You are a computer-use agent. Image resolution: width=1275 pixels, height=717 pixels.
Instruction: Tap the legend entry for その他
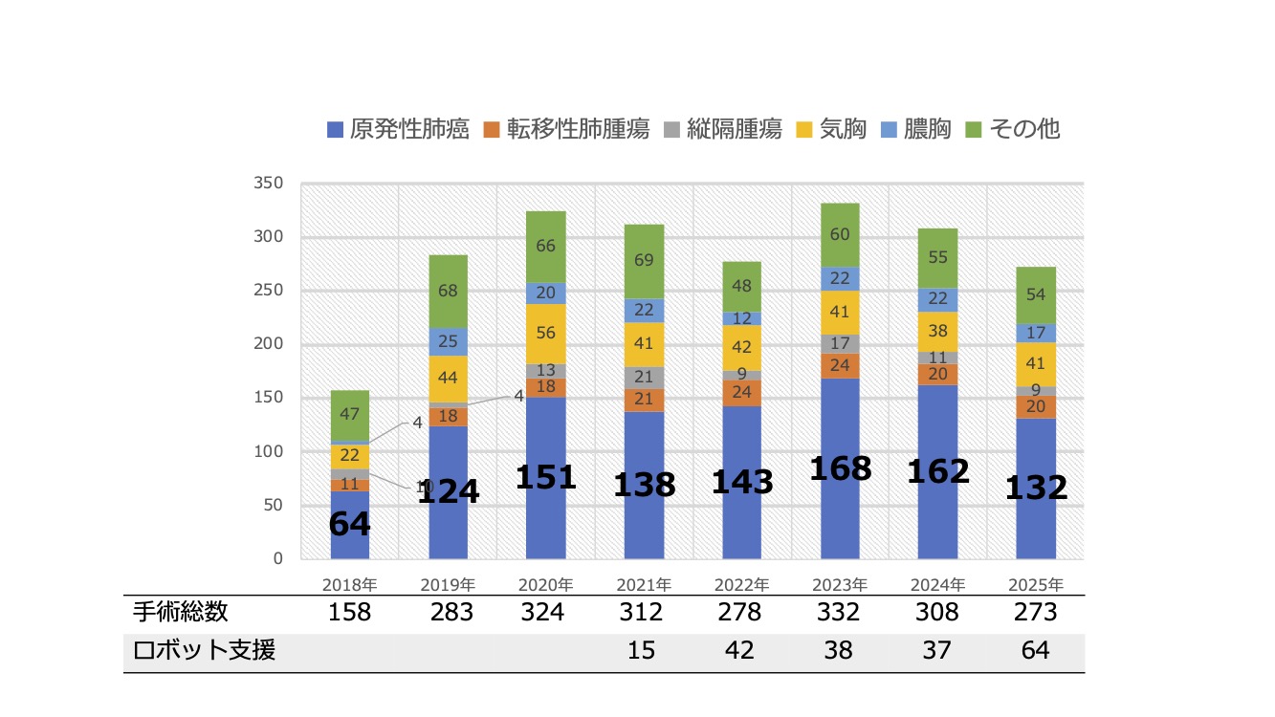click(1024, 129)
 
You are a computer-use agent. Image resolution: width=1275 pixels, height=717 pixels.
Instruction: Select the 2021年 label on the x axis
click(644, 584)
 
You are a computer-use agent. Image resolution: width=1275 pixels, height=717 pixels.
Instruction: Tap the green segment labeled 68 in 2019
click(448, 291)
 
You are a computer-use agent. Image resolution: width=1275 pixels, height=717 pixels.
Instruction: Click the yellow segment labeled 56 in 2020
click(546, 334)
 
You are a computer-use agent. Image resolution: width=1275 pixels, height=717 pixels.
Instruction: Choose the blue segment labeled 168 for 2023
click(840, 468)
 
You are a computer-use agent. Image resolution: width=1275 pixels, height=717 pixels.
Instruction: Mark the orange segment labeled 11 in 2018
click(349, 485)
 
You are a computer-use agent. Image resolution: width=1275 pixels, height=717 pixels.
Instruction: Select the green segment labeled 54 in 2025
click(1036, 294)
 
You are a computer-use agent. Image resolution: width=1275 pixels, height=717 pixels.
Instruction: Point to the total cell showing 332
click(840, 612)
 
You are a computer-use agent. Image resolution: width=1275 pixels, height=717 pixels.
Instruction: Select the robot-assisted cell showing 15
click(644, 651)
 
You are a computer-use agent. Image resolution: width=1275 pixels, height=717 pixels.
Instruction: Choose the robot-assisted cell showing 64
click(1035, 651)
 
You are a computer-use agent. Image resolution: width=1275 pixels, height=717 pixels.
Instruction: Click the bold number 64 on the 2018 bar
click(349, 524)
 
